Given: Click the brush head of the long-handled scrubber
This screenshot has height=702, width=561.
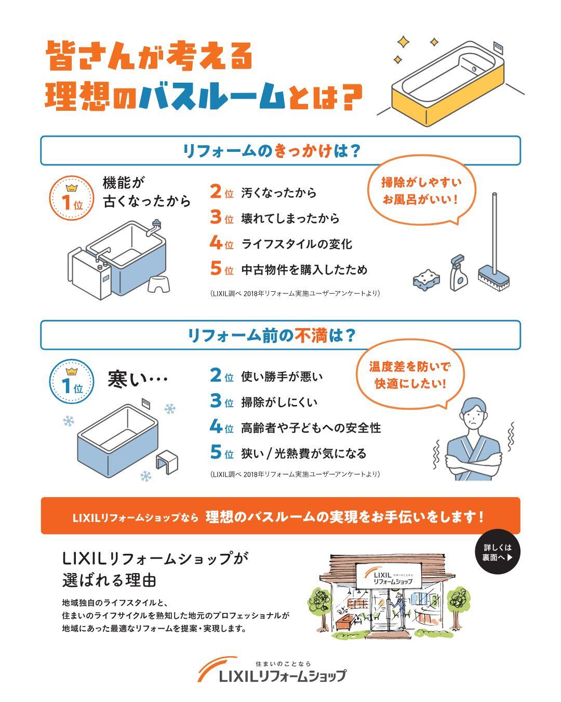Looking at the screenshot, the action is (x=493, y=279).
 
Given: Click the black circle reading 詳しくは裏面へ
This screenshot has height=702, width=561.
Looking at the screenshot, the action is (x=498, y=552).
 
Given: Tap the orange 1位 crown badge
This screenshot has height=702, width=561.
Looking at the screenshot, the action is (x=72, y=198).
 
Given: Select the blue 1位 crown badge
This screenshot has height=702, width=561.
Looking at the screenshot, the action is (x=72, y=382).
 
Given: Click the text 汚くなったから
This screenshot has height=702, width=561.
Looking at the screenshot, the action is (x=279, y=193).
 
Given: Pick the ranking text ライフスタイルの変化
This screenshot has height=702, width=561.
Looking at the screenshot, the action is (x=297, y=244).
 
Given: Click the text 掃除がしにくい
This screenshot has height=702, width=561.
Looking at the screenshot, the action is (x=279, y=402).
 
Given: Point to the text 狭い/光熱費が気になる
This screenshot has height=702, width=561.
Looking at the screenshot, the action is (x=304, y=453).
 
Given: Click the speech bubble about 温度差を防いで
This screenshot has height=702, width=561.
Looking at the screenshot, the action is (x=410, y=375).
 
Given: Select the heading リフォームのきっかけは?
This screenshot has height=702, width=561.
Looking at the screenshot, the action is (x=271, y=151).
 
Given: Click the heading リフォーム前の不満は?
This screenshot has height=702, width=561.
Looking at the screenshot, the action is (x=271, y=335).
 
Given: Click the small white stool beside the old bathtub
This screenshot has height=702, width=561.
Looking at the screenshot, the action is (x=159, y=284).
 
